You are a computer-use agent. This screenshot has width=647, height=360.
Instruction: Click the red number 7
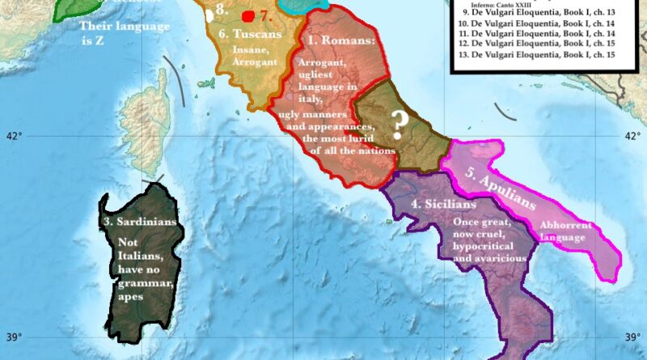point(266,15)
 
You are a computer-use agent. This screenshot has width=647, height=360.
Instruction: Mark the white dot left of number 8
point(210,14)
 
